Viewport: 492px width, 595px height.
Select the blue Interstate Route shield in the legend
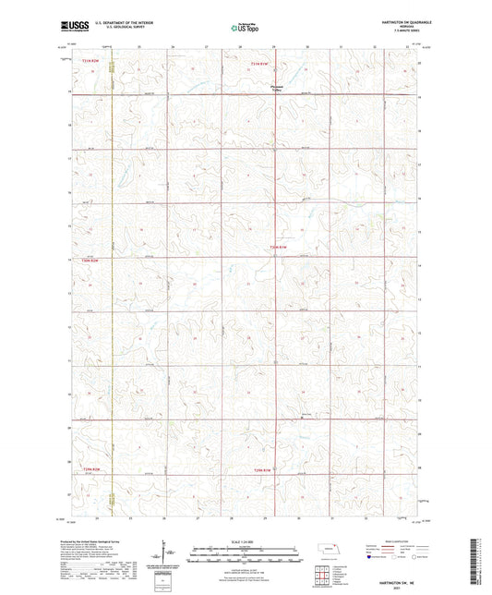371,557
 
